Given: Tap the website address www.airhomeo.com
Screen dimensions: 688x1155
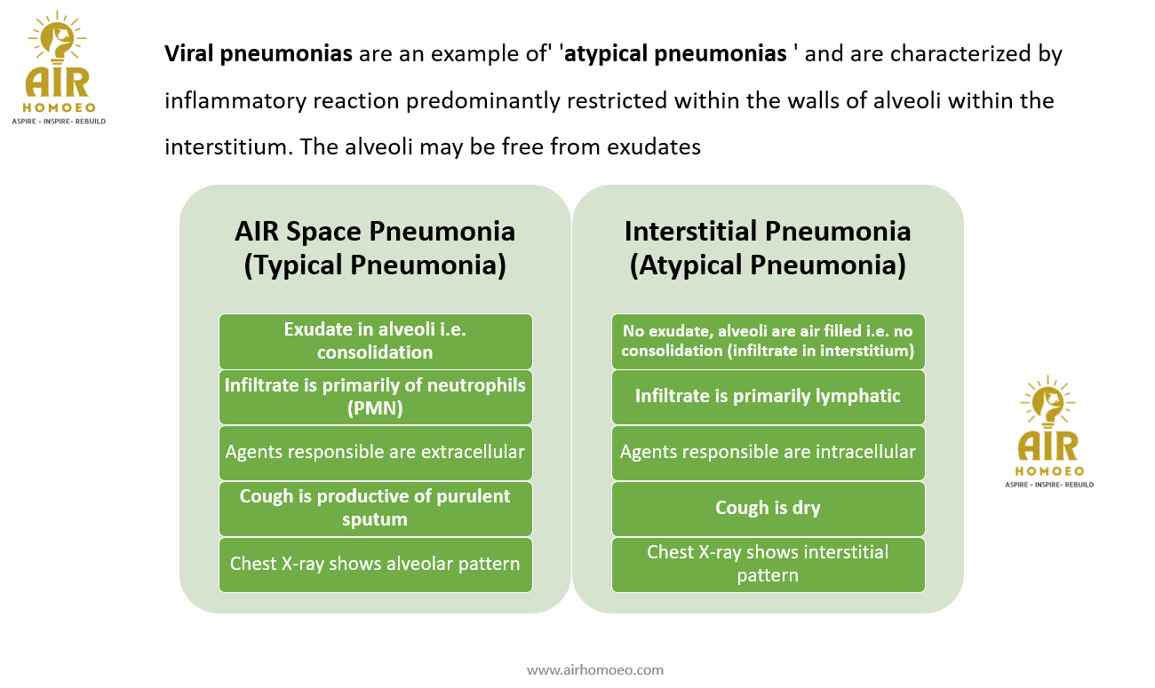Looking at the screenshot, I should tap(595, 669).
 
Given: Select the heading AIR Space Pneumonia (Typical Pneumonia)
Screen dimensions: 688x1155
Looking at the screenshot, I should tap(375, 248).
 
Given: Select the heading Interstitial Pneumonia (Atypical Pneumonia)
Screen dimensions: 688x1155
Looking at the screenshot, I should tap(768, 248).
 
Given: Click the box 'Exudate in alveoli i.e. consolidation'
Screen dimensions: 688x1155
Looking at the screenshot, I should tap(375, 341).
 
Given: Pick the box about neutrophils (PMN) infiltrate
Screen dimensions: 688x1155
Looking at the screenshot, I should tap(375, 397).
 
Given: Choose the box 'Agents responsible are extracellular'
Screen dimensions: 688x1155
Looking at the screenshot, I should tap(375, 452).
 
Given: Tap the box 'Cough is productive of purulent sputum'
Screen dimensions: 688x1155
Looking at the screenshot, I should tap(375, 508).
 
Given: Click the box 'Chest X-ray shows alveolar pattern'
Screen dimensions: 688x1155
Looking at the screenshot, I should tap(375, 564).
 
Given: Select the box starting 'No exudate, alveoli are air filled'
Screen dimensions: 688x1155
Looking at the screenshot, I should tap(768, 341).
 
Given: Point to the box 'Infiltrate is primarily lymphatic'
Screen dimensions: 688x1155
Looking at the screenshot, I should tap(768, 396).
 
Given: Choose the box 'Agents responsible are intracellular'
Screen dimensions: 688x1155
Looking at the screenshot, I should tap(768, 452).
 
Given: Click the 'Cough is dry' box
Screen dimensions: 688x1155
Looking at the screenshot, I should tap(768, 508).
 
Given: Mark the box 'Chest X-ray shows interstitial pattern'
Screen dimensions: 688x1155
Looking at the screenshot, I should tap(768, 564).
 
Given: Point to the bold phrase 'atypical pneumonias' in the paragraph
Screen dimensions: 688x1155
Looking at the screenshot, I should tap(676, 54).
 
